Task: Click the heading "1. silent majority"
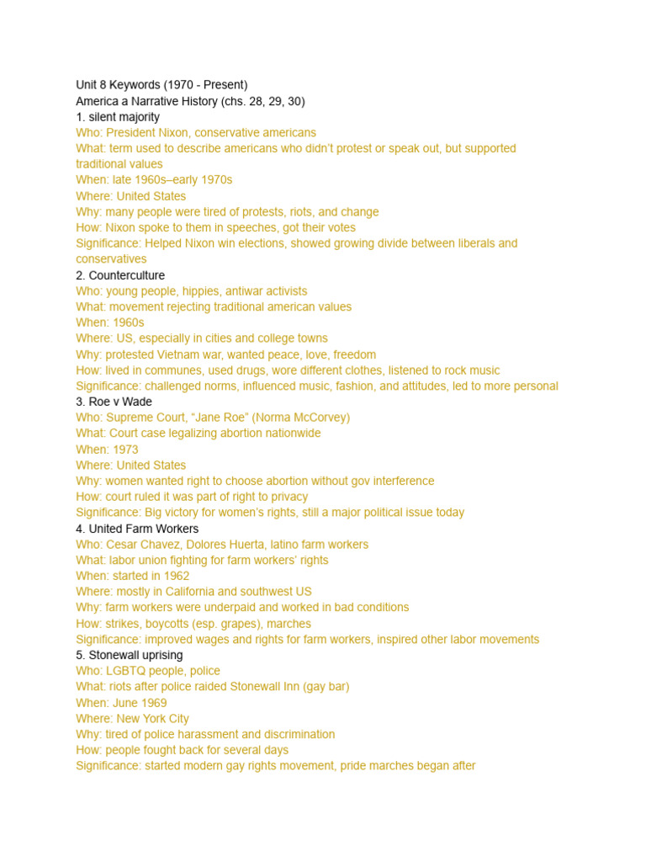(x=118, y=117)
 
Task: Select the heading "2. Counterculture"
(x=120, y=275)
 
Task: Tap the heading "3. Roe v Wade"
(x=114, y=402)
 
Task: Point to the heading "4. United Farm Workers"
(x=137, y=529)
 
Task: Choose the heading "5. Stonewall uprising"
(x=130, y=655)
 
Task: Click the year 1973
(x=125, y=450)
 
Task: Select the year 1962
(x=175, y=576)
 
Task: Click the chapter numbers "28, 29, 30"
(x=276, y=101)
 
